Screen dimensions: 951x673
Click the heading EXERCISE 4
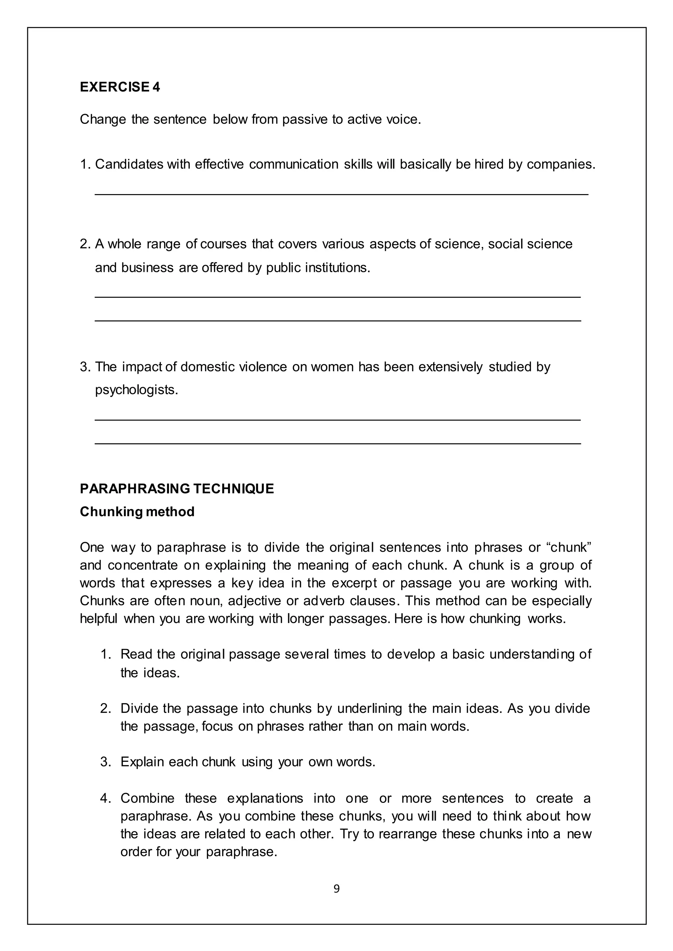tap(120, 87)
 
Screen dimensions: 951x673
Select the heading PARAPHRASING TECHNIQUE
tap(177, 489)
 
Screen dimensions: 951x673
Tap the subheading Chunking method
tap(137, 512)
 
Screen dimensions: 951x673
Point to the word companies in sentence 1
tap(560, 165)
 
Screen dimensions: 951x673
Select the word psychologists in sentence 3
tap(136, 390)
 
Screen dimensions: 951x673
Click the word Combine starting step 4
tap(147, 798)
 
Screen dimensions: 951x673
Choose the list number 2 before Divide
tap(105, 709)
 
